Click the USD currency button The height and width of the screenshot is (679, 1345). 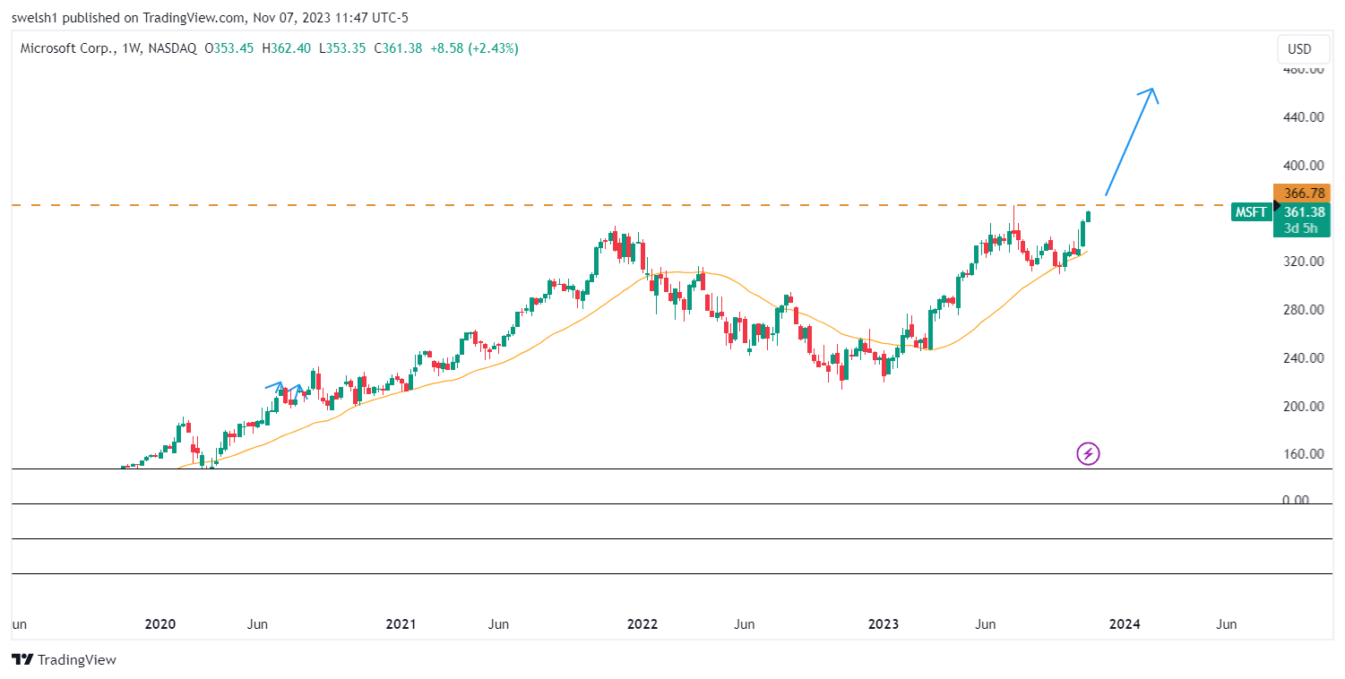click(1299, 49)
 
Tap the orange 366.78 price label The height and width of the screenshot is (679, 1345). click(1304, 193)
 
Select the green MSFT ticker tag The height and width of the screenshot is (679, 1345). click(1251, 212)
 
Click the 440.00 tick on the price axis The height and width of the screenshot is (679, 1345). click(1303, 116)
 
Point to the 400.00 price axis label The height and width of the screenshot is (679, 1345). click(1303, 165)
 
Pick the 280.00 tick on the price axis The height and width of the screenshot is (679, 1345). click(1303, 310)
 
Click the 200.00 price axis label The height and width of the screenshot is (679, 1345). click(1303, 406)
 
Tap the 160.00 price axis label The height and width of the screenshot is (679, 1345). click(1303, 453)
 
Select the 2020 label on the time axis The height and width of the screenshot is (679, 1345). click(160, 624)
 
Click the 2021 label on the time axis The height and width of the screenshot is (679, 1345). click(401, 624)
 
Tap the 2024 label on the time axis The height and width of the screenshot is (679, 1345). click(1125, 624)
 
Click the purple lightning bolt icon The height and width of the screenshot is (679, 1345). click(1088, 454)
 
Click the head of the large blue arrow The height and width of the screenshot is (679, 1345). click(1151, 90)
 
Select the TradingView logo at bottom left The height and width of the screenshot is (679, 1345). click(65, 660)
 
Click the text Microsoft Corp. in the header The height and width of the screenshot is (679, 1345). click(65, 48)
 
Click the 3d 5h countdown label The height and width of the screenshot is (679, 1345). click(1300, 228)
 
